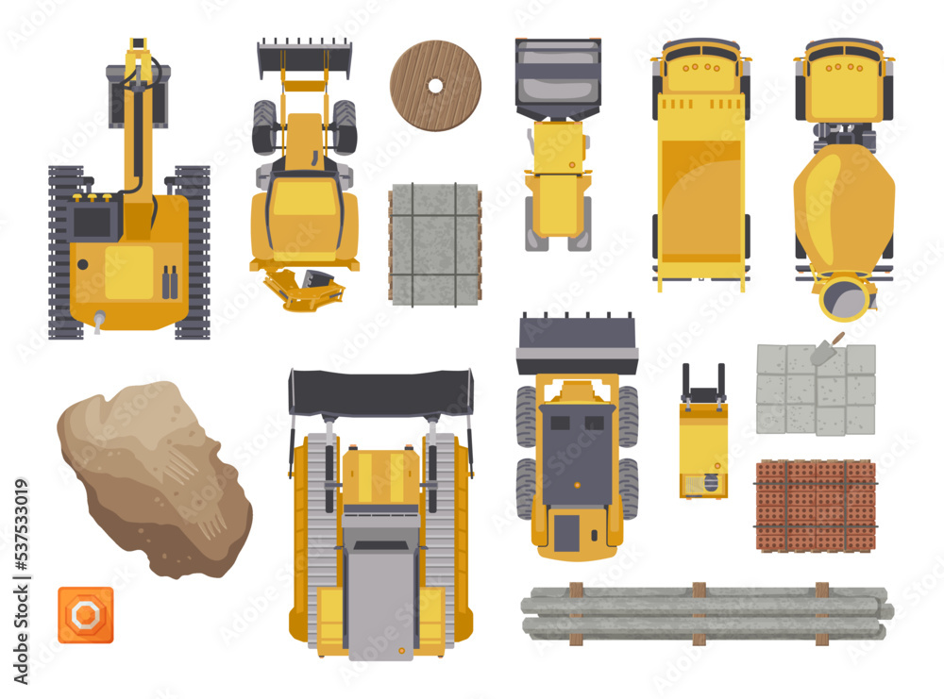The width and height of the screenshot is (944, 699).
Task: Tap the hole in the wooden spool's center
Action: pyautogui.click(x=435, y=86)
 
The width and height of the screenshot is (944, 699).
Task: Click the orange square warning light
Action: pyautogui.click(x=85, y=614)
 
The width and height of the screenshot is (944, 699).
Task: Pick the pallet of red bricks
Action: pyautogui.click(x=816, y=505)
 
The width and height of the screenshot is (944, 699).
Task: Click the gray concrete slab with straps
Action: pyautogui.click(x=435, y=243)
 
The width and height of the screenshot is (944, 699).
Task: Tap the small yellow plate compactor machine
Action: pyautogui.click(x=703, y=443)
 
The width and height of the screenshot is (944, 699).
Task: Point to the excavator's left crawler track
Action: pyautogui.click(x=66, y=253)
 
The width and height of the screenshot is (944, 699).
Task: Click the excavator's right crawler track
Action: pyautogui.click(x=193, y=253)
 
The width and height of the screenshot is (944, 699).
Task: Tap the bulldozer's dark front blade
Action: pyautogui.click(x=380, y=391)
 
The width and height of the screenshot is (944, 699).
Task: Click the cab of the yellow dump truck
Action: pyautogui.click(x=700, y=71)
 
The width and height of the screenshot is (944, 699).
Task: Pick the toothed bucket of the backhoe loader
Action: pyautogui.click(x=304, y=58)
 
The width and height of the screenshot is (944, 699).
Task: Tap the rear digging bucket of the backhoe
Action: pyautogui.click(x=304, y=288)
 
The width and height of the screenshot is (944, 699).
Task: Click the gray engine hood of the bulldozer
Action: pyautogui.click(x=379, y=594)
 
